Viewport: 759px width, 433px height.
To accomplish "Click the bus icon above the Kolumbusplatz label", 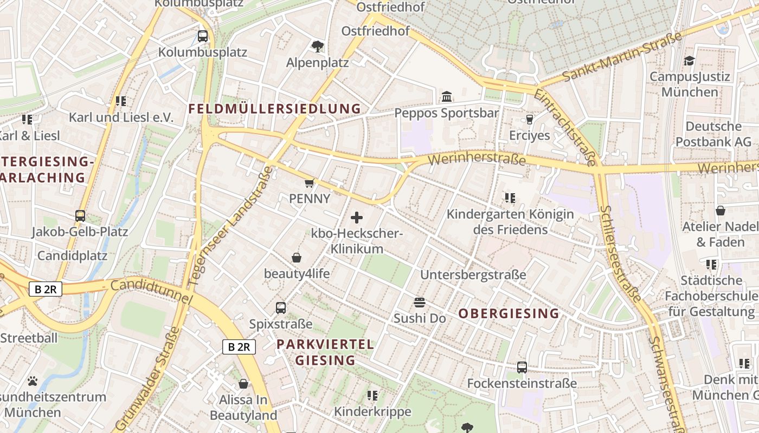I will click(x=202, y=36).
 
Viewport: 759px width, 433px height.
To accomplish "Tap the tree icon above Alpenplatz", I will click(x=318, y=47).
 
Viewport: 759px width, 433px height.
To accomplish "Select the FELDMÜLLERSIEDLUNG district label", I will click(x=274, y=109).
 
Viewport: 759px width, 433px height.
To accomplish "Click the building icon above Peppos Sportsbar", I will click(x=447, y=97).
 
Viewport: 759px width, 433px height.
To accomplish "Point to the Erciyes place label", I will click(x=529, y=135).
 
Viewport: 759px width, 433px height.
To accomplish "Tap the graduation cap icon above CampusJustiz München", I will click(x=689, y=61).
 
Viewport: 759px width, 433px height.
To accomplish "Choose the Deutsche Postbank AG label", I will click(x=713, y=134).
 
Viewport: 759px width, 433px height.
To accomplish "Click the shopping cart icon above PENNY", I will click(x=310, y=183).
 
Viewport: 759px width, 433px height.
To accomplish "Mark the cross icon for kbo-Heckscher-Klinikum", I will click(x=357, y=218).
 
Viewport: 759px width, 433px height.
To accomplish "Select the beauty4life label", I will click(x=297, y=273).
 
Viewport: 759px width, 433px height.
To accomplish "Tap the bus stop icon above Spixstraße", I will click(x=281, y=308).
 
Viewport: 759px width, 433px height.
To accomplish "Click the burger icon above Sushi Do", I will click(x=420, y=302).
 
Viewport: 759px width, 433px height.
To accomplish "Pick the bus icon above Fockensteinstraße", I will click(x=522, y=368).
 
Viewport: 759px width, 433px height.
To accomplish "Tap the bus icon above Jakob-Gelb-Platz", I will click(x=80, y=216).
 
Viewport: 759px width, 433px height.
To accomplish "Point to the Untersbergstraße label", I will click(x=473, y=274).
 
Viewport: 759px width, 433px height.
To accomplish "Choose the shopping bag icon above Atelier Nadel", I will click(x=721, y=211).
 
